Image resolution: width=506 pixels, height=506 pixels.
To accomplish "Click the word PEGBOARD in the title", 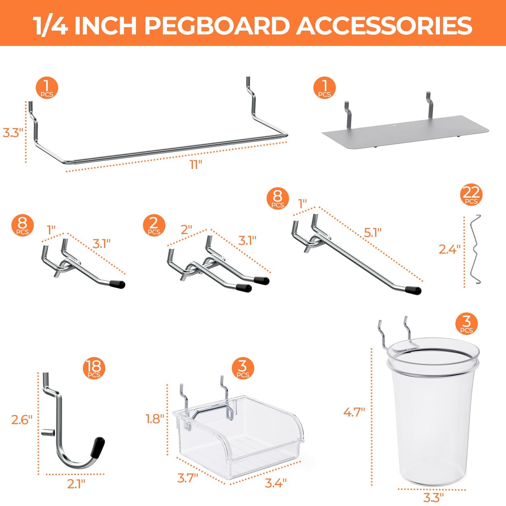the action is (x=217, y=25).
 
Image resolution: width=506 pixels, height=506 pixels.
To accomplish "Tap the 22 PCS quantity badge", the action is (x=471, y=195).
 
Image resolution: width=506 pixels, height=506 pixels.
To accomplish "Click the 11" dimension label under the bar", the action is (x=196, y=165).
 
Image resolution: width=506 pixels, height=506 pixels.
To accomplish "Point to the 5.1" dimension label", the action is (x=372, y=232).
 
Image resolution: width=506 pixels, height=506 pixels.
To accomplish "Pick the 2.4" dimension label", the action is (x=449, y=249).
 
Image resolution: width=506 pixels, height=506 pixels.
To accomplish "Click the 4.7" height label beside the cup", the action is (x=354, y=412).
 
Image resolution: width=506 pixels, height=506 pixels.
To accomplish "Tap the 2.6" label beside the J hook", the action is (x=22, y=420).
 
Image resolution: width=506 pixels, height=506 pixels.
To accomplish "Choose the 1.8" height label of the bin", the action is (x=155, y=419).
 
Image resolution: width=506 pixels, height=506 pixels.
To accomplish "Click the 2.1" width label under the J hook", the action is (x=76, y=484).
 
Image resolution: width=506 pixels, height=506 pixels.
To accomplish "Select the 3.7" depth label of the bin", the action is (x=188, y=478).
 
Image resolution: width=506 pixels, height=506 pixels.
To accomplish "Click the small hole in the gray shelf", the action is (x=394, y=126).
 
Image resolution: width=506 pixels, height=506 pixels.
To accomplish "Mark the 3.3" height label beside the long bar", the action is (x=13, y=133).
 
